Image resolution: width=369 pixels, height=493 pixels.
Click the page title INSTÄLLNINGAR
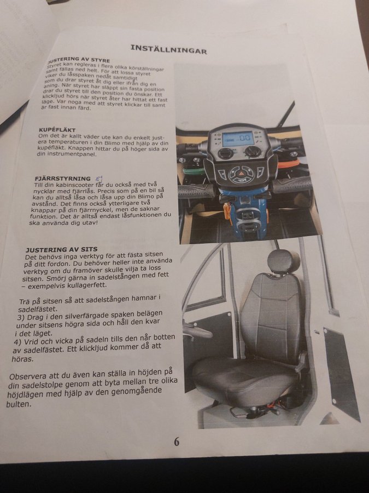coord(168,49)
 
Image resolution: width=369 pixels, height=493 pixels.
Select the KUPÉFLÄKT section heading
coord(57,130)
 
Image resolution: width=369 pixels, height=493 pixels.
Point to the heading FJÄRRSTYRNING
coord(63,179)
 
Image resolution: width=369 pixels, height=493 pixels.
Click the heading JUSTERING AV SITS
coord(61,250)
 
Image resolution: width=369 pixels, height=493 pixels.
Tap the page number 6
coord(177,442)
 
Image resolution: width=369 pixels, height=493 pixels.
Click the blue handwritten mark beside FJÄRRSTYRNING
coord(99,179)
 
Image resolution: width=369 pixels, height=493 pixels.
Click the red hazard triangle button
coord(242,173)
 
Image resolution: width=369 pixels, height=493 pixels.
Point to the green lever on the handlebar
coord(194,171)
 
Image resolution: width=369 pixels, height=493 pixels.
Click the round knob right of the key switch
coord(251,152)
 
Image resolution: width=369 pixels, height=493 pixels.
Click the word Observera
coord(28,376)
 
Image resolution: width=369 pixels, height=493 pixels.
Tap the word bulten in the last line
coord(19,404)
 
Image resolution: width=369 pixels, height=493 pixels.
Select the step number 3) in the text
coord(21,318)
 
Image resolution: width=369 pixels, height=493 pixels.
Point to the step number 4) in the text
coord(19,342)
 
